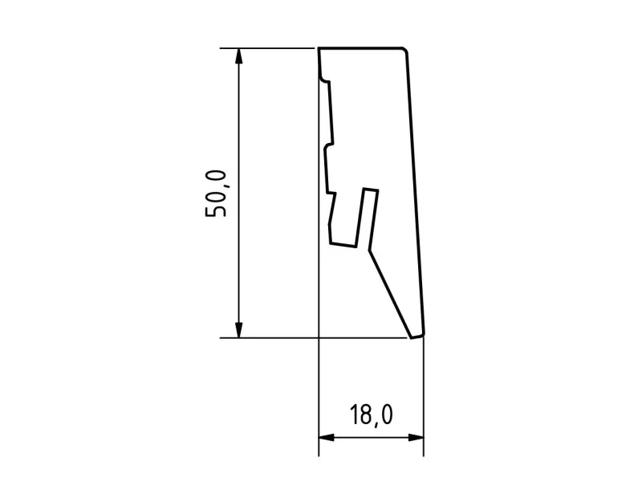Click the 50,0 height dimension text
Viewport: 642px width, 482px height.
tap(217, 194)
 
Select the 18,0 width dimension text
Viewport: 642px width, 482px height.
tap(371, 415)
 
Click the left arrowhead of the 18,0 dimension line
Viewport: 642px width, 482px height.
tap(327, 438)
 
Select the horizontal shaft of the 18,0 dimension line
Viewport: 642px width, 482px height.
tap(371, 438)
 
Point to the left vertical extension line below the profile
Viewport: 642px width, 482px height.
tap(319, 394)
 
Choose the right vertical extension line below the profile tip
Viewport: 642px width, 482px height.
tap(423, 394)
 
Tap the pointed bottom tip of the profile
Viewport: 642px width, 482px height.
tap(416, 336)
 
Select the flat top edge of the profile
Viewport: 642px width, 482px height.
tap(361, 48)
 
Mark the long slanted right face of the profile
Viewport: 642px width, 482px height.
tap(415, 193)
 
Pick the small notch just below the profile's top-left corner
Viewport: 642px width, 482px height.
tap(324, 79)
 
